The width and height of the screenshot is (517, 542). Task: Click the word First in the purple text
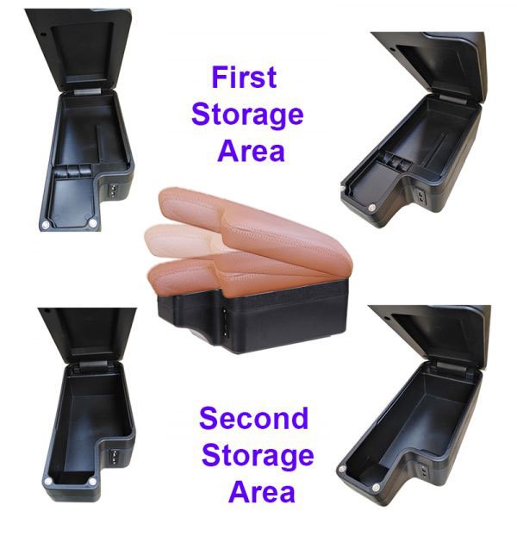pyautogui.click(x=244, y=78)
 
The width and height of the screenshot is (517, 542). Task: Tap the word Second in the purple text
pyautogui.click(x=253, y=418)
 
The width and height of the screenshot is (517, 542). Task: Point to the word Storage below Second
pyautogui.click(x=258, y=458)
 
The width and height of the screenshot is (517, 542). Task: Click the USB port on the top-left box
pyautogui.click(x=114, y=190)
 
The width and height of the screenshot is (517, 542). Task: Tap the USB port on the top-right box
pyautogui.click(x=421, y=196)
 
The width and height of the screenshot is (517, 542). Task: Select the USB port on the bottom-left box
pyautogui.click(x=114, y=457)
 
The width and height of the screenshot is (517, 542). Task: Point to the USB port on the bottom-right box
pyautogui.click(x=424, y=470)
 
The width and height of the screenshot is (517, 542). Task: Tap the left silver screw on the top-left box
pyautogui.click(x=46, y=225)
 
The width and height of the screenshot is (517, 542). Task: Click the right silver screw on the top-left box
pyautogui.click(x=92, y=223)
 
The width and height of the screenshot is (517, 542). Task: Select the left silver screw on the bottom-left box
pyautogui.click(x=48, y=481)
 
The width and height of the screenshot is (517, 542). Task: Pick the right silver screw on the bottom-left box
pyautogui.click(x=92, y=482)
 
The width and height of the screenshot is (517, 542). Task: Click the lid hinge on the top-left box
pyautogui.click(x=87, y=91)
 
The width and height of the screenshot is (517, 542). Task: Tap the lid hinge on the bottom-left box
pyautogui.click(x=93, y=365)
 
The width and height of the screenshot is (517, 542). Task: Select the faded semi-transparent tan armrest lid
pyautogui.click(x=180, y=242)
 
